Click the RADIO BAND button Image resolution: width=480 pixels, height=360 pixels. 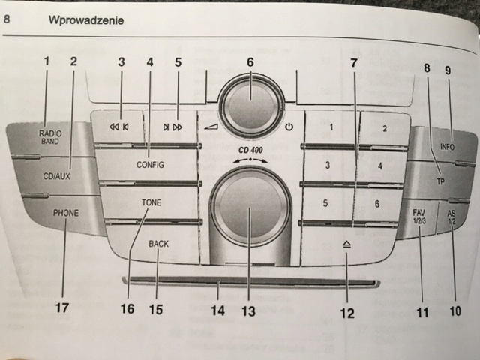click(50, 136)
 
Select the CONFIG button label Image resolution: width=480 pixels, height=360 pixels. click(150, 163)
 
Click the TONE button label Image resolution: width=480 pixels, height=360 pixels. click(151, 202)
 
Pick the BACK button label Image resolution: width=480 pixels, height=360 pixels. click(158, 244)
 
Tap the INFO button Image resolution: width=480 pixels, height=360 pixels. click(448, 147)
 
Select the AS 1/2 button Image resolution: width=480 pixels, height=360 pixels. click(452, 217)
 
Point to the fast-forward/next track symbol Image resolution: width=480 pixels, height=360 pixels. click(172, 127)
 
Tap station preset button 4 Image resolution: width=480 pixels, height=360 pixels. click(379, 164)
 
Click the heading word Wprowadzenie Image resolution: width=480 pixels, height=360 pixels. click(86, 20)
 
